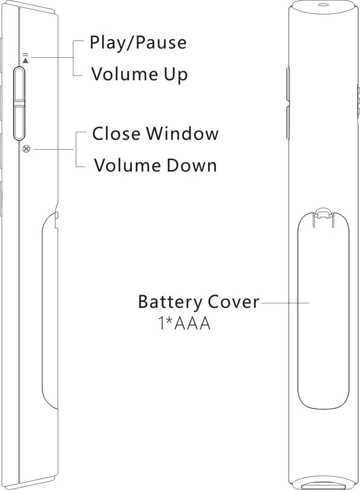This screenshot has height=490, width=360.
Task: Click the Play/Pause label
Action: (138, 43)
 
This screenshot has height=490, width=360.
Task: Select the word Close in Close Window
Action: (116, 133)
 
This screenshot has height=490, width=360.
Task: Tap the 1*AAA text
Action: (184, 324)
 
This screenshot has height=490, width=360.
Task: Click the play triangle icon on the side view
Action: (25, 60)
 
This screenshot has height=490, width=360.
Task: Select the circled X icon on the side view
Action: (26, 149)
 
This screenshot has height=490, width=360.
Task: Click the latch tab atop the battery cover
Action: (323, 213)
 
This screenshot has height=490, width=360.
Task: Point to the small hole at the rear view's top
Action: (323, 5)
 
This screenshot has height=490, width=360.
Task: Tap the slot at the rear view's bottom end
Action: (323, 486)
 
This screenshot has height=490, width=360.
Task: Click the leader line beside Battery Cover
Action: (285, 303)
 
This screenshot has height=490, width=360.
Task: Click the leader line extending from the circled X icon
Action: (53, 150)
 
